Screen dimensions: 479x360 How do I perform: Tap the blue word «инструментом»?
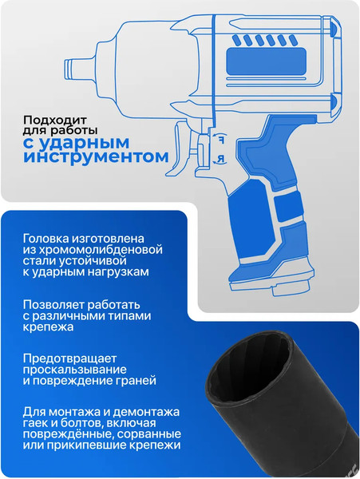point(97,156)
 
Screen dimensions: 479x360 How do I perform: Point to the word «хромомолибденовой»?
point(93,249)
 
